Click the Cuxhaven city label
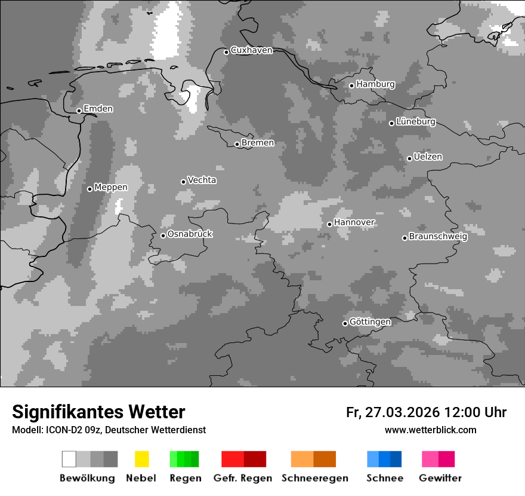coord(251,50)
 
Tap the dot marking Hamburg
coord(352,85)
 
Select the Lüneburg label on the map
coord(416,121)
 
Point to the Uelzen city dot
coord(409,158)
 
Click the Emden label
coord(98,109)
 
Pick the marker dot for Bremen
coord(237,144)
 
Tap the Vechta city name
coord(202,180)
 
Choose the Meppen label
coord(111,187)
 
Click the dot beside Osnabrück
coord(163,235)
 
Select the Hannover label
coord(354,222)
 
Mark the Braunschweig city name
coord(438,236)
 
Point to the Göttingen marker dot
coord(345,323)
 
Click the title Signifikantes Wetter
coord(98,412)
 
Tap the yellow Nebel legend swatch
coord(141,459)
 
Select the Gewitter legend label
coord(440,478)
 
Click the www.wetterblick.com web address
coord(430,430)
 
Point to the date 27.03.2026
coord(402,412)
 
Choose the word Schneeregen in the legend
coord(315,478)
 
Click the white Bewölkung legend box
coord(69,459)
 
